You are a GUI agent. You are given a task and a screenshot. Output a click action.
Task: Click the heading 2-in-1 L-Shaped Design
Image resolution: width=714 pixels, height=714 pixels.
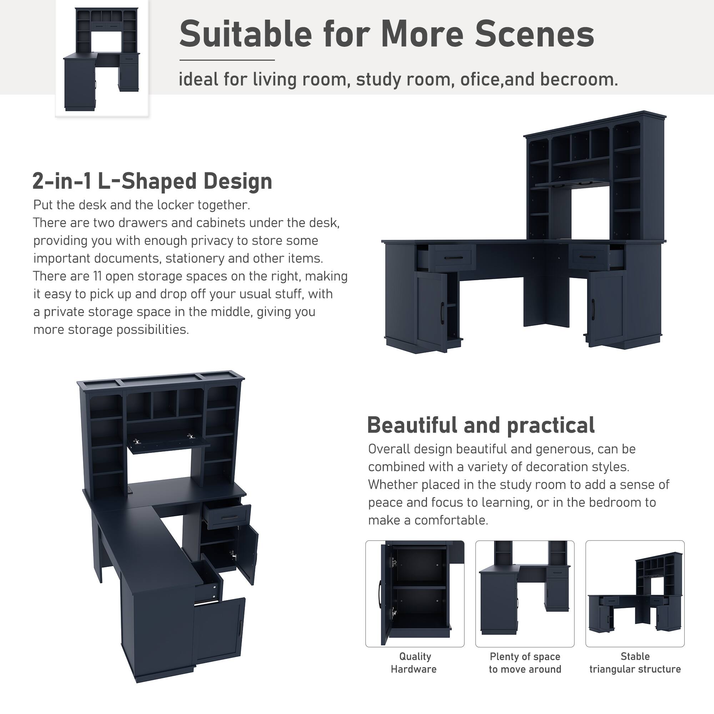152,181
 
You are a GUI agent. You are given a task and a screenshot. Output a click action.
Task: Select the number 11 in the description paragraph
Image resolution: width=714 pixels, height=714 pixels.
97,276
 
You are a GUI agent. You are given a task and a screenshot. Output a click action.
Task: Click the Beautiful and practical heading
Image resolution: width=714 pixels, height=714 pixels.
481,425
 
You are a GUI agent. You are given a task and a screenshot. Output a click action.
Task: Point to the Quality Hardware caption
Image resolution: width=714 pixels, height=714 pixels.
414,663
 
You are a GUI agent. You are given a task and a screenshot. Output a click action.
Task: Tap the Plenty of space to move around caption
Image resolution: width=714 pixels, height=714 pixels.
525,663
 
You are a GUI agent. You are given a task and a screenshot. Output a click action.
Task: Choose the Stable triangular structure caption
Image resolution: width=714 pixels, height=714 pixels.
634,663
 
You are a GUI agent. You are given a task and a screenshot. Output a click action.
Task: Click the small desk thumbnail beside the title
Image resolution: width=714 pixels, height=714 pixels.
102,59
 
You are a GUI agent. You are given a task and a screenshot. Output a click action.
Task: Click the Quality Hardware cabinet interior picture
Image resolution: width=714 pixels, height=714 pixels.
414,593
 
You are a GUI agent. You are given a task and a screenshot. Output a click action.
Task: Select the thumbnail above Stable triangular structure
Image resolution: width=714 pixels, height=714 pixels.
634,593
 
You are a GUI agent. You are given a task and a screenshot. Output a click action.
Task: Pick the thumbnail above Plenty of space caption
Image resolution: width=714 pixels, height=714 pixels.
525,593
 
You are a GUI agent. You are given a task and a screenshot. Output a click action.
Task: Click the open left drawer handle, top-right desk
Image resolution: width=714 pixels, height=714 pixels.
453,258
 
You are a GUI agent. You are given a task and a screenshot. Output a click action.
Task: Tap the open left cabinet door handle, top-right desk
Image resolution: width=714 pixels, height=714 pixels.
442,314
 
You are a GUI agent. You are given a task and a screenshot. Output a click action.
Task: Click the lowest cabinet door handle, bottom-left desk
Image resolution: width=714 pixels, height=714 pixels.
241,628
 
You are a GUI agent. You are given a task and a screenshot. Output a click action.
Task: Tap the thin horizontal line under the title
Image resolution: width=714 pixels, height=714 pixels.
227,60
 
